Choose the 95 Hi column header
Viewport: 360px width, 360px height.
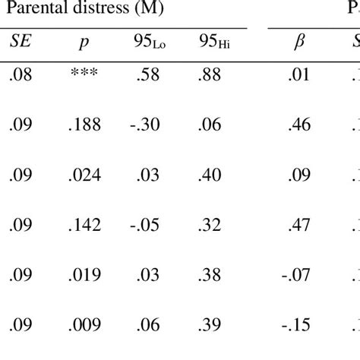[216, 42]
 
